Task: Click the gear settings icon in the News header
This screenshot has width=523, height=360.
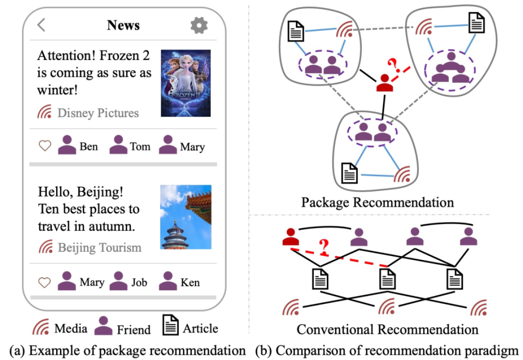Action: [199, 25]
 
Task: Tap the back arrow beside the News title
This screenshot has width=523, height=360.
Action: [41, 25]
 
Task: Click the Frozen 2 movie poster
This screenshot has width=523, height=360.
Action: [185, 83]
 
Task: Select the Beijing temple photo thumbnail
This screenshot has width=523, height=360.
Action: [185, 217]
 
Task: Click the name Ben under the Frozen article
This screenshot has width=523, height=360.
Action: [89, 147]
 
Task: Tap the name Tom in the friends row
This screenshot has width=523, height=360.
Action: [140, 147]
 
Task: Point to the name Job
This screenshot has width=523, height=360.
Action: [139, 282]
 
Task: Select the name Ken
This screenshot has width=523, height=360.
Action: [191, 282]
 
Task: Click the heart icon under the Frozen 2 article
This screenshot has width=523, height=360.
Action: [45, 146]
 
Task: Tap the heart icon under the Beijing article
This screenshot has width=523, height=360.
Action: [45, 282]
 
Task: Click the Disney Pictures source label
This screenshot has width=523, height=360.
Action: [98, 113]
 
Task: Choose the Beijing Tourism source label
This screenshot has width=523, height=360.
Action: [99, 248]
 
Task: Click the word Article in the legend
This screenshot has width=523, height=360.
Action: [200, 328]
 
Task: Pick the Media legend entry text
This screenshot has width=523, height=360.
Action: [70, 328]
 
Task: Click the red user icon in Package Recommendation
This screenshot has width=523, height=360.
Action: [385, 83]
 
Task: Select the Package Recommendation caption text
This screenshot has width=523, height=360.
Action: [378, 203]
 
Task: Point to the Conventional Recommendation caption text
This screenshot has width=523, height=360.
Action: [387, 329]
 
